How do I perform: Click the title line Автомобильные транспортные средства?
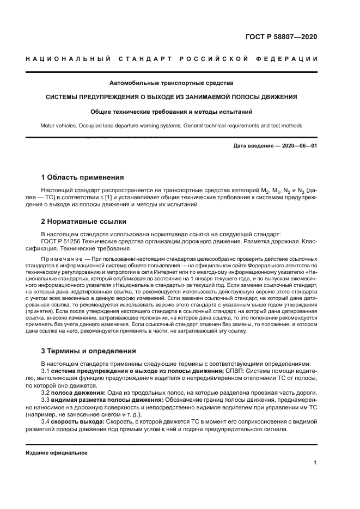171,83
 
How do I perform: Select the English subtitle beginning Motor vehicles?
171,125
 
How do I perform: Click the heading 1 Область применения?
83,177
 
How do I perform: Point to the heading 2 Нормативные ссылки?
84,222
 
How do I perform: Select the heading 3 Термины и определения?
89,351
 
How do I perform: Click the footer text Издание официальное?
57,452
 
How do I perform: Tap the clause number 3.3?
46,400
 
